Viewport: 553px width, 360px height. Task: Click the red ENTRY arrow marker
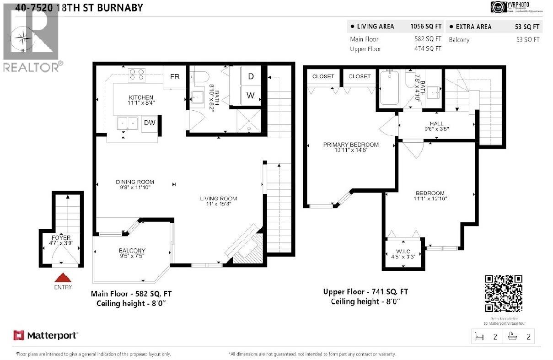coord(63,277)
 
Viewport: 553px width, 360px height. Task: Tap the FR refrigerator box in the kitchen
coord(175,77)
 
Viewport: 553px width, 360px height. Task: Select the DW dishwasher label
coord(149,123)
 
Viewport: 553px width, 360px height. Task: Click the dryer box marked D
coord(251,76)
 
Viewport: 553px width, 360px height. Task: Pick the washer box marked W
coord(251,96)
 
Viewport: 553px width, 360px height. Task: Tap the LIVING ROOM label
coord(218,198)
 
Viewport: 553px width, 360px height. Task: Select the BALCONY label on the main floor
coord(132,250)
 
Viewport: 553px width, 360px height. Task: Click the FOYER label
coord(60,238)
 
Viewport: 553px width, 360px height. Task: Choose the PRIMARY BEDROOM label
coord(351,145)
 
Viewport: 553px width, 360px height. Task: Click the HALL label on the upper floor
coord(437,124)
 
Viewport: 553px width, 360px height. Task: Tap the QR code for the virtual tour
coord(503,293)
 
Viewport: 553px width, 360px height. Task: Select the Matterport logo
coord(46,335)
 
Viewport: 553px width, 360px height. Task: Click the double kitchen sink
coord(128,124)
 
